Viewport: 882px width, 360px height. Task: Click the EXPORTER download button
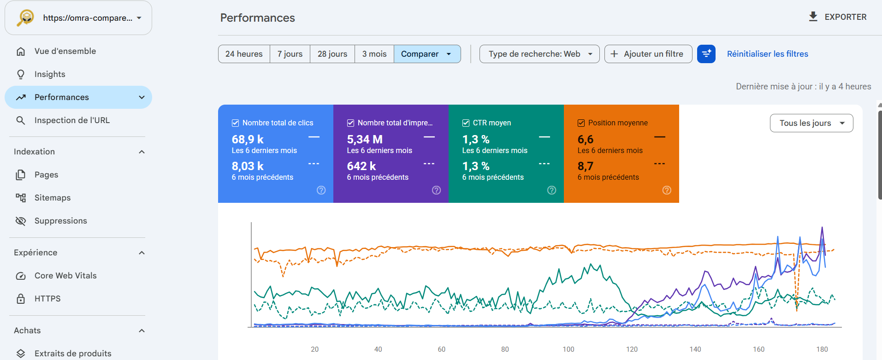tap(838, 17)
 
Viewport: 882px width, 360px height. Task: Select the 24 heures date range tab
tap(244, 54)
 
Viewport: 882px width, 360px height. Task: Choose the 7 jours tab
tap(290, 54)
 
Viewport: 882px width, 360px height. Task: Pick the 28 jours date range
tap(332, 54)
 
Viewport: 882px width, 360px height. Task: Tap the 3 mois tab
tap(374, 54)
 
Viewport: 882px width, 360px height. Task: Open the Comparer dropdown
tap(427, 54)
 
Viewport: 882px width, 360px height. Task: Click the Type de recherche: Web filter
tap(539, 54)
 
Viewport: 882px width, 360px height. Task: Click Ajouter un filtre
tap(648, 54)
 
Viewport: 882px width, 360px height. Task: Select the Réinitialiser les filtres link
tap(768, 54)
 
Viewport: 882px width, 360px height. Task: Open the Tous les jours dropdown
tap(811, 123)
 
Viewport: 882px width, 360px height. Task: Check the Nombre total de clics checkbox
tap(235, 123)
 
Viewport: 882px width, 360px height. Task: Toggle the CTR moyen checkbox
tap(466, 123)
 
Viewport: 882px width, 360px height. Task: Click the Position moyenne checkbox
tap(581, 123)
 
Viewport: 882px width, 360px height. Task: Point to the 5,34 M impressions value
tap(365, 139)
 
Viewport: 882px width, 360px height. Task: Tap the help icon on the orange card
tap(667, 190)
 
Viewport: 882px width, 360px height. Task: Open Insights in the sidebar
tap(50, 74)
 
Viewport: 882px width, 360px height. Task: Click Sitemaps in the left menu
tap(53, 198)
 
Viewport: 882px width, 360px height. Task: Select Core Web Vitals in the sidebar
tap(65, 276)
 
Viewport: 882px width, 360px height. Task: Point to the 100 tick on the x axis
tap(568, 349)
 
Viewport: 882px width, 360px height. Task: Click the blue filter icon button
tap(706, 54)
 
